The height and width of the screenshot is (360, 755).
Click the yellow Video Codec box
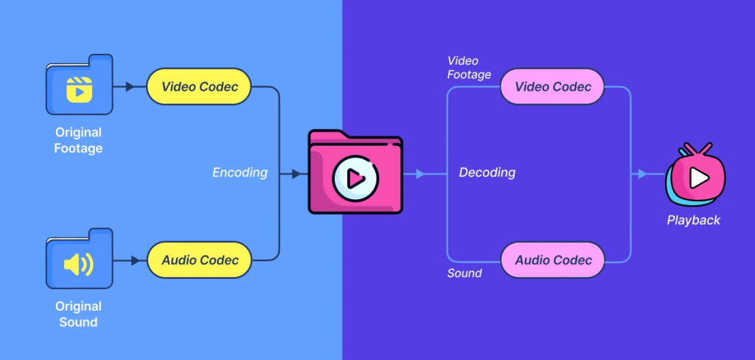(x=199, y=87)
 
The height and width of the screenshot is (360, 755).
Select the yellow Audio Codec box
(x=199, y=260)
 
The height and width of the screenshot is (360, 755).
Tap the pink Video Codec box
(x=553, y=87)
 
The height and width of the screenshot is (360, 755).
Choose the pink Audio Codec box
(x=553, y=260)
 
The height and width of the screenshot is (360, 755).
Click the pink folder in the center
(x=355, y=173)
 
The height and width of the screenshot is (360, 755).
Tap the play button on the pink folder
(x=354, y=178)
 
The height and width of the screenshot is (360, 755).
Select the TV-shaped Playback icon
(x=695, y=176)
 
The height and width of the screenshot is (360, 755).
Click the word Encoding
(x=240, y=173)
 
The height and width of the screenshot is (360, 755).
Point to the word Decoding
(x=487, y=173)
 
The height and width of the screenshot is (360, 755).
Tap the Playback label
(x=693, y=220)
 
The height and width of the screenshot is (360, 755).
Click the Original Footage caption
(x=78, y=140)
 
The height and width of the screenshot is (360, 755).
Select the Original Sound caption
(x=78, y=314)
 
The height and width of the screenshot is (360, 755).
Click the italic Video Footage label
(x=469, y=68)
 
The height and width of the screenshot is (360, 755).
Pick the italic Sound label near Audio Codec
(x=465, y=273)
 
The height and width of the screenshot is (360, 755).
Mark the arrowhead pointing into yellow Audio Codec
(x=136, y=260)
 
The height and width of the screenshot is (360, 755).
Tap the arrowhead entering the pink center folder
(x=296, y=174)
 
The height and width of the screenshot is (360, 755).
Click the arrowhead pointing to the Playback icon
(x=641, y=174)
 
